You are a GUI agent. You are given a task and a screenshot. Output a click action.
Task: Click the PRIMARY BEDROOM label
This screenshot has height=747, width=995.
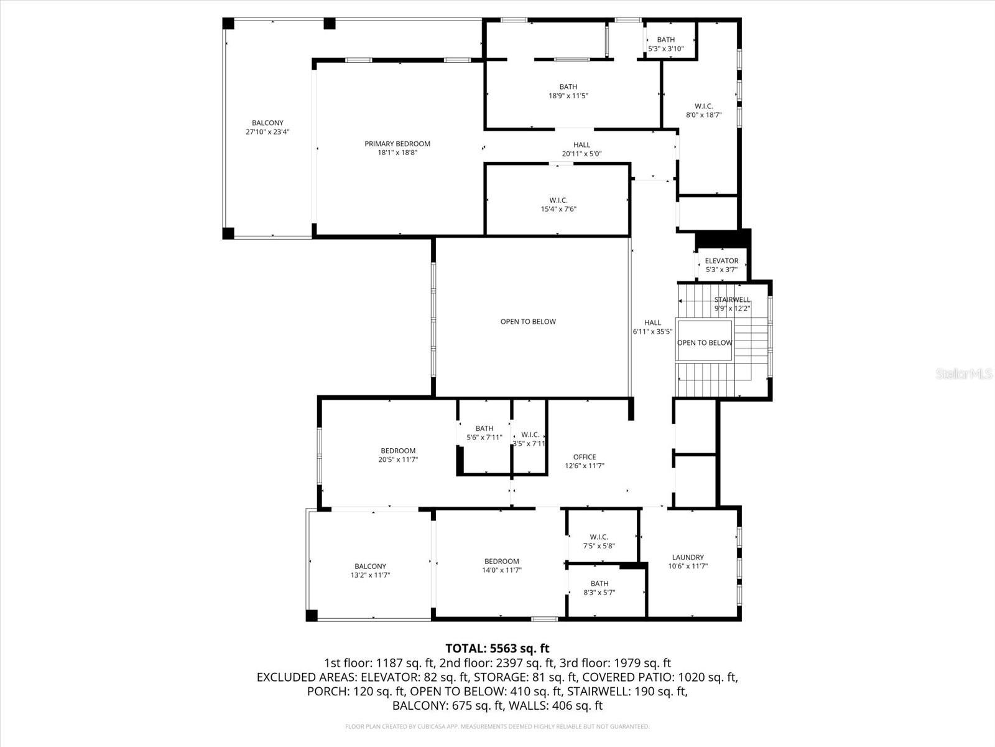click(397, 144)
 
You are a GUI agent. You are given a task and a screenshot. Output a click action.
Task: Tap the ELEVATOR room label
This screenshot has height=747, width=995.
click(721, 261)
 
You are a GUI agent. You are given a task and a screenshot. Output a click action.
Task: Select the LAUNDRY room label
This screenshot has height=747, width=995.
click(688, 557)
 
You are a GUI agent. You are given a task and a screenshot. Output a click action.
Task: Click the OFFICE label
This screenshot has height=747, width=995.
click(584, 457)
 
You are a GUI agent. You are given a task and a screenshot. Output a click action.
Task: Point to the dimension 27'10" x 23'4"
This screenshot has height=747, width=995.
click(267, 132)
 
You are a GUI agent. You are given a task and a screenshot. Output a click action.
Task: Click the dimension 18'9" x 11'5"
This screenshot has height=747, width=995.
click(568, 96)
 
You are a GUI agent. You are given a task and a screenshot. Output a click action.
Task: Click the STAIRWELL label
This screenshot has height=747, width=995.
click(731, 299)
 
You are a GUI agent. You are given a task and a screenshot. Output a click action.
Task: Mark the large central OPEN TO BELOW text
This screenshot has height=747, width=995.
click(528, 322)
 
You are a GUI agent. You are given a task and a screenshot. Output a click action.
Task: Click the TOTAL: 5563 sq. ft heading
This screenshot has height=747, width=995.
click(497, 649)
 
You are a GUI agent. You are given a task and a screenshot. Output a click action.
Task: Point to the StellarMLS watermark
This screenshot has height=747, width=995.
click(964, 374)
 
